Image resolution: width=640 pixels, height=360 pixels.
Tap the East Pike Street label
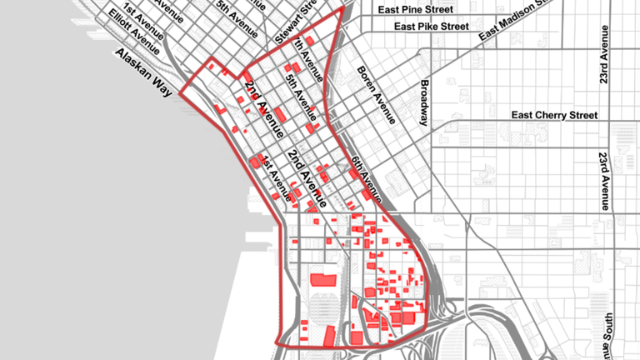pos(432,27)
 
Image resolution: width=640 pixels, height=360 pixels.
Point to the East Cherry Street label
pos(555,115)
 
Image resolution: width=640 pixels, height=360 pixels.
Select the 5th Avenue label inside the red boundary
pos(299,92)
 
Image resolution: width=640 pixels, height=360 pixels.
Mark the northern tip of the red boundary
pos(342,9)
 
